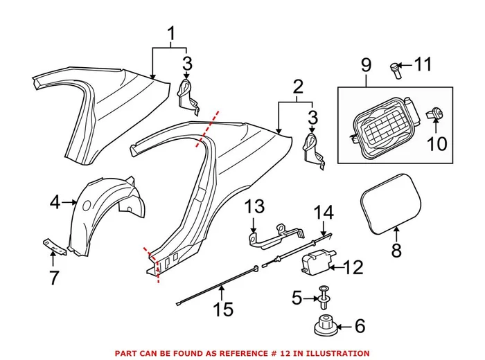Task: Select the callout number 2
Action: pyautogui.click(x=298, y=88)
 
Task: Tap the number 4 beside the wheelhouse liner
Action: pyautogui.click(x=55, y=202)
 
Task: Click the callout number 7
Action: pyautogui.click(x=53, y=278)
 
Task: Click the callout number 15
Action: pyautogui.click(x=222, y=309)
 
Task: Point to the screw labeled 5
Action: pyautogui.click(x=324, y=296)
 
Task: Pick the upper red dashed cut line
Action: pyautogui.click(x=210, y=127)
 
